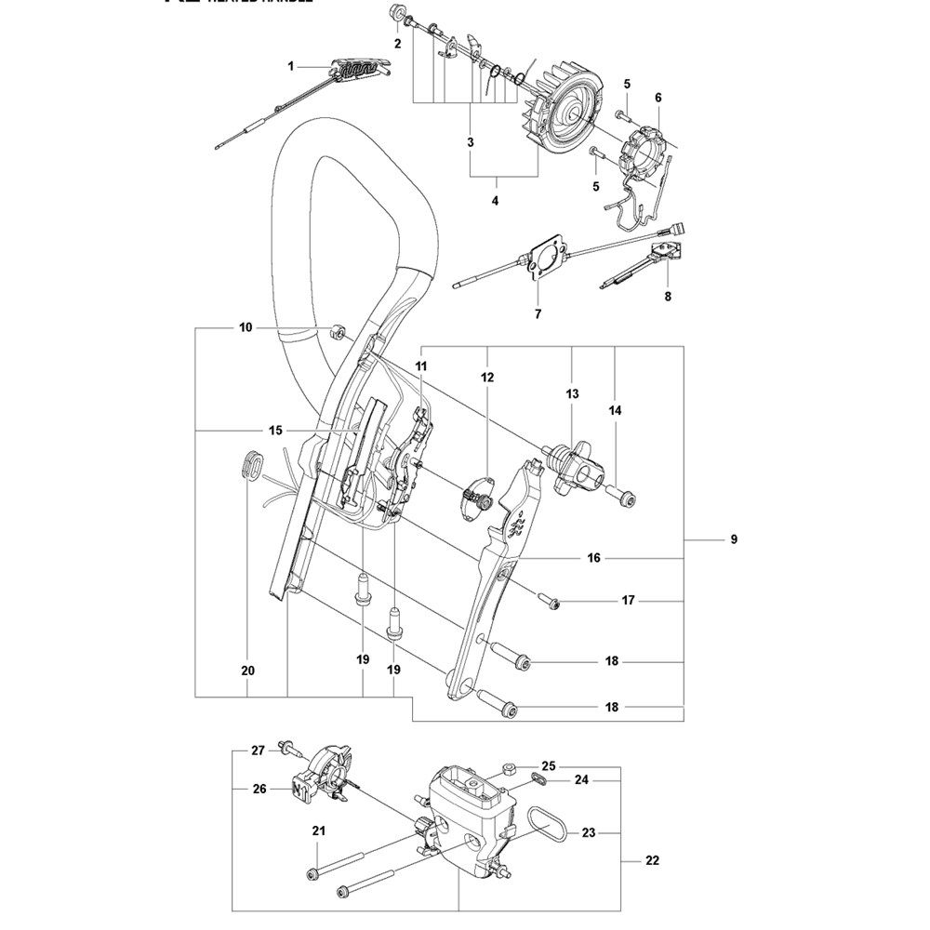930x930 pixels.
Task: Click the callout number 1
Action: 290,66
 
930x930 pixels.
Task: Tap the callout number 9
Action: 734,539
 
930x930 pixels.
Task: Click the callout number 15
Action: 274,430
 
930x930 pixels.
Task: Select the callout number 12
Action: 487,378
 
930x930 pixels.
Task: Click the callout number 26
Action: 259,789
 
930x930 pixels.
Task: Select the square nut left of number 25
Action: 510,768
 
